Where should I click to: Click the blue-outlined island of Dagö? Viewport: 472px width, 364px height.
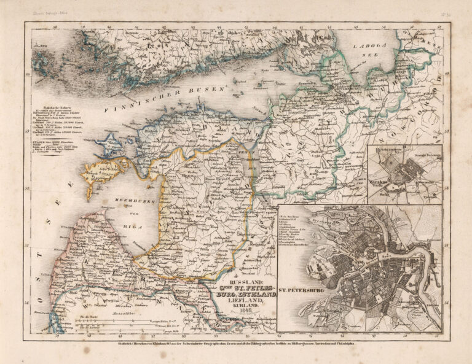click(111, 145)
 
